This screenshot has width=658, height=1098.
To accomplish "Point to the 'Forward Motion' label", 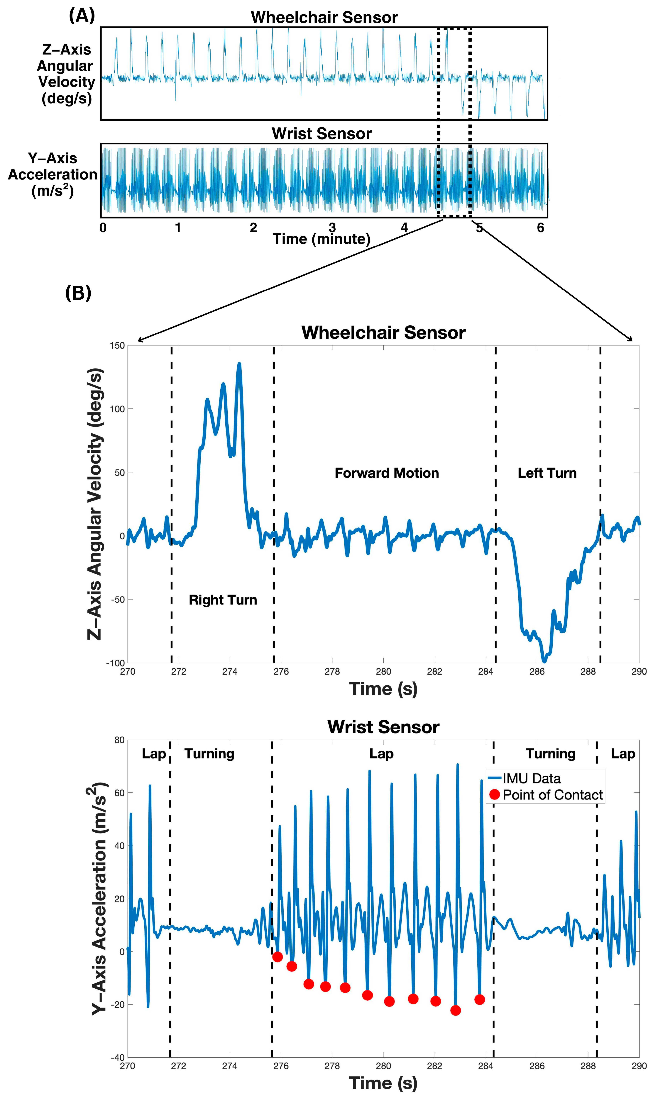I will (x=387, y=473).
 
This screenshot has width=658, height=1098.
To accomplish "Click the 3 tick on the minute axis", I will (x=332, y=228).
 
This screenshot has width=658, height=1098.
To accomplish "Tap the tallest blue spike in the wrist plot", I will (x=458, y=765).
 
